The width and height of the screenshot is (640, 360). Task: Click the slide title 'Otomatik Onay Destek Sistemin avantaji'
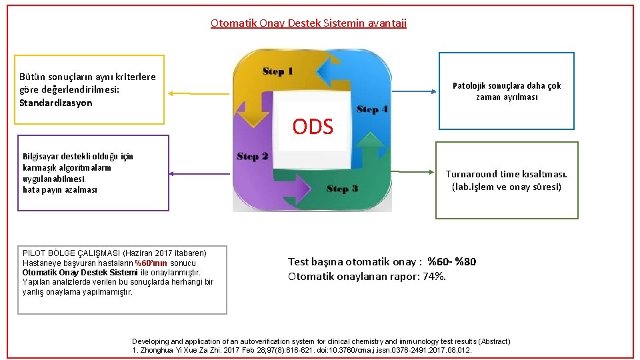point(308,23)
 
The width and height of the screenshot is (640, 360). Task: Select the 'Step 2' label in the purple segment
point(252,157)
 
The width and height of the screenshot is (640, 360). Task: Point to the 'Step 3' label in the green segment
point(342,189)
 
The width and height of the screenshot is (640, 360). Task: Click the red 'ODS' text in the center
point(313,127)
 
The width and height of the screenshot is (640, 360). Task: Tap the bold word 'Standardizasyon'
point(56,103)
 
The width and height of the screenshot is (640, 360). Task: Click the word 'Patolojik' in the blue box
point(471,85)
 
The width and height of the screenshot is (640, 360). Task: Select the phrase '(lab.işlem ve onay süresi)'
point(507,187)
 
